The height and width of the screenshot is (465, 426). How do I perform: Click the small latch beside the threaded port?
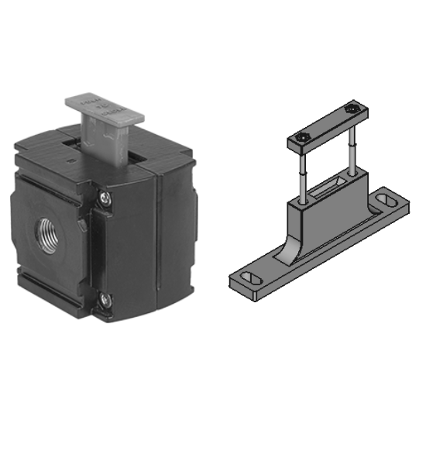coord(81,223)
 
